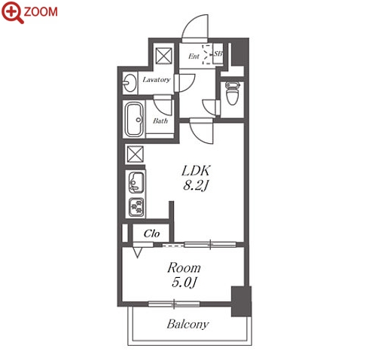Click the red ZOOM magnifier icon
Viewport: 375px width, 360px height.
click(x=12, y=13)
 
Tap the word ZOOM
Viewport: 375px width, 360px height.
click(x=41, y=12)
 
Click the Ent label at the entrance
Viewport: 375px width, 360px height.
click(x=194, y=56)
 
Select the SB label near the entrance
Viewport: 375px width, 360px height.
click(x=218, y=53)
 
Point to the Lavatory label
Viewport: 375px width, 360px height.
click(x=157, y=80)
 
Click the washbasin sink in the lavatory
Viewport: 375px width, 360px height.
click(x=130, y=83)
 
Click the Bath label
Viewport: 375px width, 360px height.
click(x=160, y=121)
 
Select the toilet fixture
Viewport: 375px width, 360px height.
click(x=233, y=93)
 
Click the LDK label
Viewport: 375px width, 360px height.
click(x=196, y=171)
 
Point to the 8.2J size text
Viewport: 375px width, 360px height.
click(x=196, y=186)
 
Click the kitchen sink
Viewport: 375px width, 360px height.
click(x=136, y=182)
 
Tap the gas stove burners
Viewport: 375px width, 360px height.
click(x=136, y=208)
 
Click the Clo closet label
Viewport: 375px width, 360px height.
click(x=151, y=233)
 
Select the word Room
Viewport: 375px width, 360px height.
click(x=184, y=268)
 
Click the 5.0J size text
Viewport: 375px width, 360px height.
click(x=184, y=283)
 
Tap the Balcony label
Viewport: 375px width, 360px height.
click(x=187, y=325)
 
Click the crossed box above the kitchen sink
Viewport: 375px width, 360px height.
click(x=136, y=154)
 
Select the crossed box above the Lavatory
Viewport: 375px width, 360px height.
click(x=164, y=56)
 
